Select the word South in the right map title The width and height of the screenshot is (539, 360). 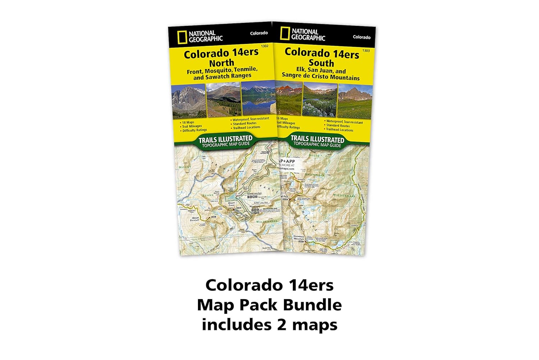tap(322, 63)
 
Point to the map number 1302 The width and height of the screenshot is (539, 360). tap(264, 46)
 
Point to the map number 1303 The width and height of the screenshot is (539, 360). tap(366, 51)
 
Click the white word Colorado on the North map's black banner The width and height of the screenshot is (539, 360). tap(259, 33)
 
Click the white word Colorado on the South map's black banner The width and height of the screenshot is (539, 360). tap(361, 37)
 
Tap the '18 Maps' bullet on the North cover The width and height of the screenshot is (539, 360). tap(188, 122)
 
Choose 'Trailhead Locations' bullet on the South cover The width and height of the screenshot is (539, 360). tap(340, 130)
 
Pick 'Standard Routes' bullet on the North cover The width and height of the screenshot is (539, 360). tap(244, 123)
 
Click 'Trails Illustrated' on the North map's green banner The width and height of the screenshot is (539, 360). tap(225, 138)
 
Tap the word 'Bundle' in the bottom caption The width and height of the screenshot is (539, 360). tap(312, 305)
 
